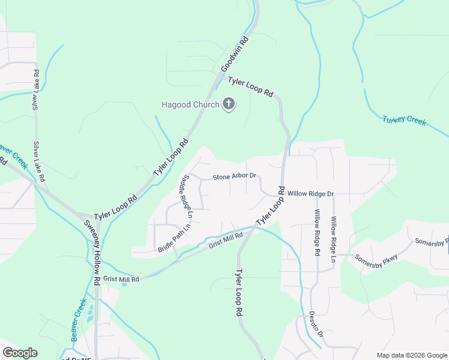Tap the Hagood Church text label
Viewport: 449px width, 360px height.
pyautogui.click(x=190, y=104)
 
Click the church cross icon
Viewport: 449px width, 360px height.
pyautogui.click(x=228, y=104)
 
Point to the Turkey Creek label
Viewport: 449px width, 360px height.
pyautogui.click(x=404, y=120)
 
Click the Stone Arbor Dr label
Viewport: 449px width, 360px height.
pyautogui.click(x=235, y=177)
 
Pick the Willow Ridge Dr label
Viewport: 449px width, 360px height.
pyautogui.click(x=310, y=194)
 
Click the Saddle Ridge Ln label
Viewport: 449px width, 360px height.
pyautogui.click(x=185, y=197)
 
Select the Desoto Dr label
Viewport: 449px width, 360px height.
pyautogui.click(x=316, y=324)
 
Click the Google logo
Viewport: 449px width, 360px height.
pyautogui.click(x=20, y=353)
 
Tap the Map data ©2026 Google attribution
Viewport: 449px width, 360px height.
pyautogui.click(x=411, y=355)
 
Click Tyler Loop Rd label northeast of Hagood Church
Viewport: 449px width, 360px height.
pyautogui.click(x=250, y=86)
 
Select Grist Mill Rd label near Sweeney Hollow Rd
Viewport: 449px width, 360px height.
pyautogui.click(x=121, y=279)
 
